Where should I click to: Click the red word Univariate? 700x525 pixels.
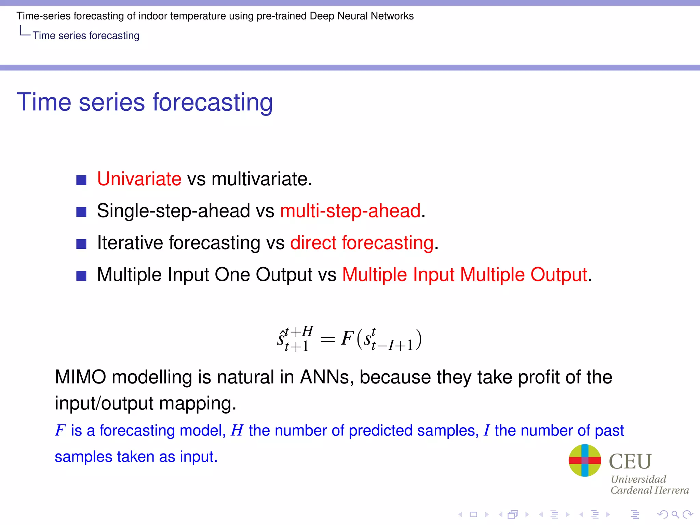coord(139,179)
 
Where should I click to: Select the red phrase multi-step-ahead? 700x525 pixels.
coord(350,211)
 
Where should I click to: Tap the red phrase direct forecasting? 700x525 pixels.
coord(362,243)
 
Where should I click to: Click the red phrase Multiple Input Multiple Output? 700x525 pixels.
coord(465,275)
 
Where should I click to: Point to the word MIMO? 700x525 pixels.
coord(81,377)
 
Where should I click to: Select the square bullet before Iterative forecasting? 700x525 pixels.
coord(81,244)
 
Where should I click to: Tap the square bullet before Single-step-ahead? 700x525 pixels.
coord(81,212)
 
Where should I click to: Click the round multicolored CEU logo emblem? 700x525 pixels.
coord(584,460)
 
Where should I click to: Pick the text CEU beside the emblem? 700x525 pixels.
coord(630,461)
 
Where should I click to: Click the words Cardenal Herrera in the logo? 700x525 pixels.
coord(649,490)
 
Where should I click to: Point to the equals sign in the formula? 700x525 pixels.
coord(327,339)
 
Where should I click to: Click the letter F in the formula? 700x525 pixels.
coord(347,338)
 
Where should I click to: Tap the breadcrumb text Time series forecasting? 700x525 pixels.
coord(86,36)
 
